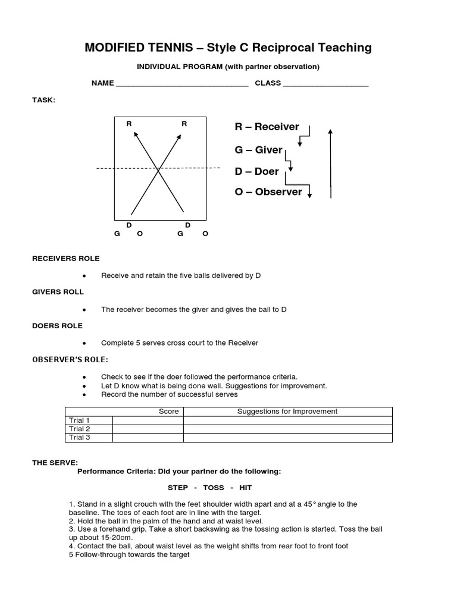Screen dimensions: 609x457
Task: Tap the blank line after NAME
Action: point(181,85)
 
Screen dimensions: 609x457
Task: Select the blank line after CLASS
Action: point(325,85)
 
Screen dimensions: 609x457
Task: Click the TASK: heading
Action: point(43,100)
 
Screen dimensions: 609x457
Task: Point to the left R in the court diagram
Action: point(129,124)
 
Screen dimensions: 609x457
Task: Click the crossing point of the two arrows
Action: point(158,170)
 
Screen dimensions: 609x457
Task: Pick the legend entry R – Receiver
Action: point(267,127)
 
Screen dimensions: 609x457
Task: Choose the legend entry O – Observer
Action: point(268,192)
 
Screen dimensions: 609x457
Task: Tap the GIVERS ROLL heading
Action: point(58,292)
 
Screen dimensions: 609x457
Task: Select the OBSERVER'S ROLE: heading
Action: point(70,360)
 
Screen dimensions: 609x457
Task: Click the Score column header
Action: point(168,412)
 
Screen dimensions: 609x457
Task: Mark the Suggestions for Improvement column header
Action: point(287,412)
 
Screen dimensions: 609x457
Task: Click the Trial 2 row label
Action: point(79,429)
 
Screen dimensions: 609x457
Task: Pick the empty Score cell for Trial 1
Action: point(148,420)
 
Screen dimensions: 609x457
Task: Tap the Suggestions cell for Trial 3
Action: point(287,438)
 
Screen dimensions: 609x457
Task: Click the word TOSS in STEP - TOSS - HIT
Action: point(213,488)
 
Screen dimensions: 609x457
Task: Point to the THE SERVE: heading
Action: point(55,463)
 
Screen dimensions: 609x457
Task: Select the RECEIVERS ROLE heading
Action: point(65,259)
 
